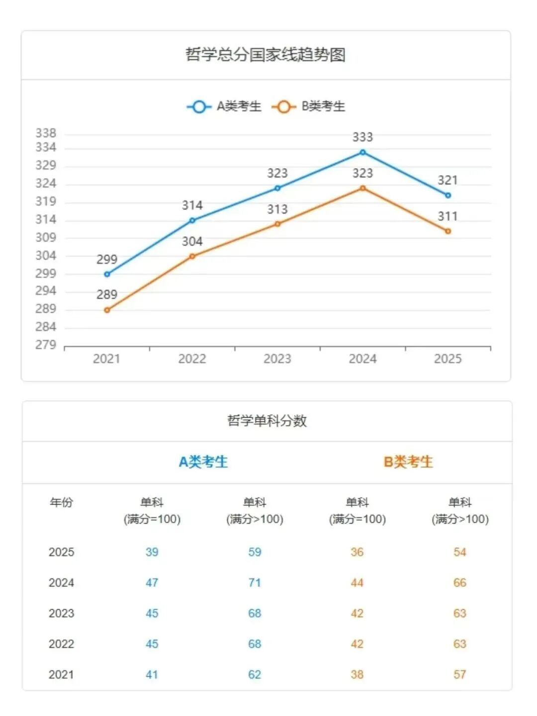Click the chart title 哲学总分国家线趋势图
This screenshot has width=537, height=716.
click(266, 55)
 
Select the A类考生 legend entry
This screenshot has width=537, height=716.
click(224, 106)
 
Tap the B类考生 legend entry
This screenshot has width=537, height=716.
click(309, 106)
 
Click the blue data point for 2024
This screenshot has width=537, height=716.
click(362, 153)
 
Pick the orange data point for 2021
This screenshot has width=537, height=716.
click(107, 310)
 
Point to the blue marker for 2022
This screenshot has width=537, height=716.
click(192, 220)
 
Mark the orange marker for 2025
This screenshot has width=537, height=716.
click(448, 231)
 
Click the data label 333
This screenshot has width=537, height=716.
click(362, 137)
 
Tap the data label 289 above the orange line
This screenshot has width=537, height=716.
click(107, 295)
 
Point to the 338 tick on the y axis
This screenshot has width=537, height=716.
click(46, 133)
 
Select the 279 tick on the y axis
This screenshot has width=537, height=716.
click(46, 345)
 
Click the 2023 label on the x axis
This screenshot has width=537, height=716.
click(277, 359)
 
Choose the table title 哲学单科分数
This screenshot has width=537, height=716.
click(267, 421)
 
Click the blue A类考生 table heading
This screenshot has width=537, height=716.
click(203, 462)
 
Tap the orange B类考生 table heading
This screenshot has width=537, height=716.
click(408, 462)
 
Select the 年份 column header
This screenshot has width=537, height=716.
click(61, 502)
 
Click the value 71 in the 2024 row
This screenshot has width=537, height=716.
click(255, 583)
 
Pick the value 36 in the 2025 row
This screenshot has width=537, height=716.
click(357, 552)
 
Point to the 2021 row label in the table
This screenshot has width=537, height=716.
click(61, 675)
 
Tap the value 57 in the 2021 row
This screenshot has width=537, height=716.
click(460, 675)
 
